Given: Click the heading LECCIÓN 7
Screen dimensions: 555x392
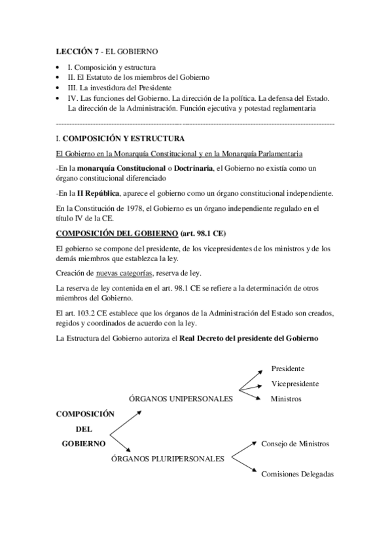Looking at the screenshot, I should pos(77,51).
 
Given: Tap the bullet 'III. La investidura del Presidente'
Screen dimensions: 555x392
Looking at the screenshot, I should pos(120,88).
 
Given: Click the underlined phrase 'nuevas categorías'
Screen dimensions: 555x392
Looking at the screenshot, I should pos(125,273).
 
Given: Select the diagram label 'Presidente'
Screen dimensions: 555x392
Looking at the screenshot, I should pos(288,368).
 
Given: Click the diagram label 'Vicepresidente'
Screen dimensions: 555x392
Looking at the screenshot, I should pos(295,384).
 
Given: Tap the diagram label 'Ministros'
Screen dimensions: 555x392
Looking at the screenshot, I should pos(286,399).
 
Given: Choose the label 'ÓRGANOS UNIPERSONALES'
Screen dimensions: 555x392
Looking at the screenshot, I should pos(181,399).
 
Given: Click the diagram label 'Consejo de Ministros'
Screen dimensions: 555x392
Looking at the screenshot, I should pos(295,444).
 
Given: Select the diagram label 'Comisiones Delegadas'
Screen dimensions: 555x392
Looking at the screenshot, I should pos(298,474).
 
